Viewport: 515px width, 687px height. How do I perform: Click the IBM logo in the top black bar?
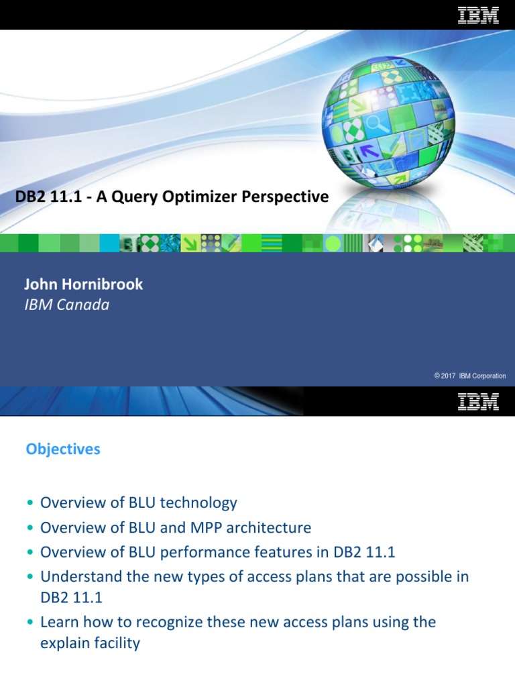tap(478, 15)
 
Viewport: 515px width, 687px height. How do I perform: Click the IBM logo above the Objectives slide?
tap(478, 402)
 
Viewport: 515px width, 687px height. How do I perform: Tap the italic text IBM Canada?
tap(67, 305)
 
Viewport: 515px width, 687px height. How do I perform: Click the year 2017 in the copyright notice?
tap(449, 376)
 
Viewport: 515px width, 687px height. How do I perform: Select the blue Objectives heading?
tap(63, 450)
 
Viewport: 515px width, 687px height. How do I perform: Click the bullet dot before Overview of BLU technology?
tap(30, 503)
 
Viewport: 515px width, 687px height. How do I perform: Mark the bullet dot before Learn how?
tap(30, 623)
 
